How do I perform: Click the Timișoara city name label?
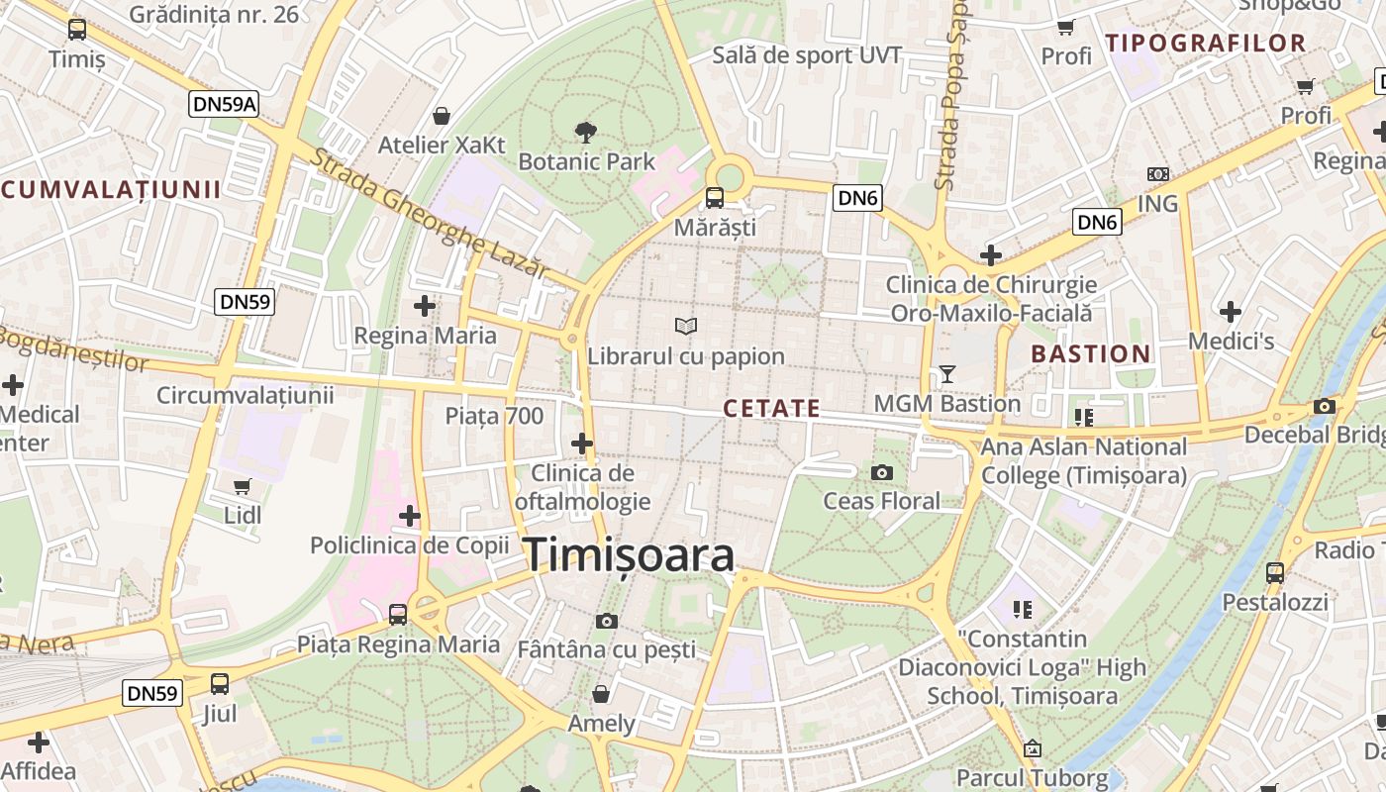click(x=629, y=555)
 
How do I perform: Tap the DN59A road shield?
click(x=224, y=104)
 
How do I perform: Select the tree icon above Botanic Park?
click(x=586, y=132)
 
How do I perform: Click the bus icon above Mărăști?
click(x=714, y=197)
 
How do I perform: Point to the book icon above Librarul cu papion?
click(x=685, y=326)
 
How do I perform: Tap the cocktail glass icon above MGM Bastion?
click(x=946, y=374)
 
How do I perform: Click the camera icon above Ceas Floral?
click(x=881, y=472)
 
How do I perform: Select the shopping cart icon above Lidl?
click(x=243, y=486)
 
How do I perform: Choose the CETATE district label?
click(x=772, y=408)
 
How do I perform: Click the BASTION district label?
click(x=1091, y=353)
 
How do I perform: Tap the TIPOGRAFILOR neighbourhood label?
click(x=1206, y=43)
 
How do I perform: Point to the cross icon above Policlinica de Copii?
click(x=410, y=516)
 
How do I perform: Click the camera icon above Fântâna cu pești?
click(x=607, y=621)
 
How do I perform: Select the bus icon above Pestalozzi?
click(x=1275, y=572)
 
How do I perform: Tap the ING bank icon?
click(x=1157, y=174)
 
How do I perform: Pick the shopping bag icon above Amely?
click(x=600, y=693)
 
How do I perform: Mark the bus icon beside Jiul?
click(x=220, y=683)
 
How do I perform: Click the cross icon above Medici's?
click(x=1231, y=312)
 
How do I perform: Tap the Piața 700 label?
click(x=494, y=416)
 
